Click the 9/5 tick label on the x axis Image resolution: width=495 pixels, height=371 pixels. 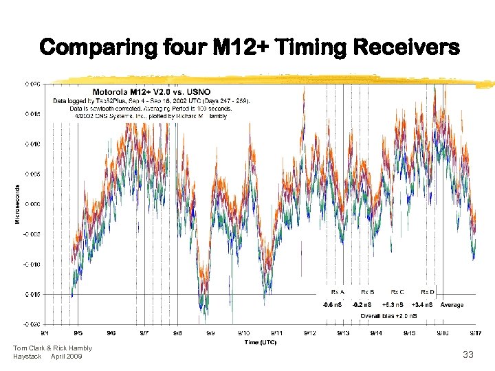(x=78, y=333)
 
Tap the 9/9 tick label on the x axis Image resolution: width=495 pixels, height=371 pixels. (x=210, y=333)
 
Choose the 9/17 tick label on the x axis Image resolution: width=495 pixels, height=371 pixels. (x=474, y=333)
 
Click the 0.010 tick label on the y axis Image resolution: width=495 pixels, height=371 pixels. (x=33, y=144)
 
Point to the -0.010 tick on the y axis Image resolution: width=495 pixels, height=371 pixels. (x=32, y=264)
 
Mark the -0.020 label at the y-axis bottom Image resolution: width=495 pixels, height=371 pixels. (x=32, y=324)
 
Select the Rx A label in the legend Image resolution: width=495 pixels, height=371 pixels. (x=338, y=292)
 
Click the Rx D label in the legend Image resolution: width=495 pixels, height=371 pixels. (x=428, y=292)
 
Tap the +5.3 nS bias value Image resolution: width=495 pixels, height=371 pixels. (x=393, y=304)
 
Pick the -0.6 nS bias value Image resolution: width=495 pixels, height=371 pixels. (x=334, y=304)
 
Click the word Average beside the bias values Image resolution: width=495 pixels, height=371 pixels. (x=452, y=304)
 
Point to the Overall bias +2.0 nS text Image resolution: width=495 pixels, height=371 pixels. (x=388, y=315)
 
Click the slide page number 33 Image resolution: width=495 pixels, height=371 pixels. (x=468, y=355)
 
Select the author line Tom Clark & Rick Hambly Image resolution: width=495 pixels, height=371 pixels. (x=52, y=348)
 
